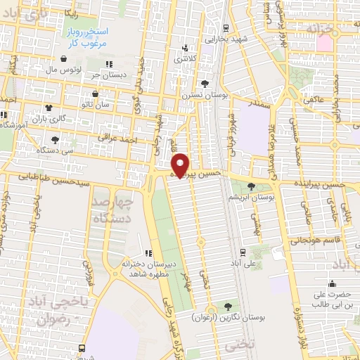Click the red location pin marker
pos(181,165)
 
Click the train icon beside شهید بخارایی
pos(225,28)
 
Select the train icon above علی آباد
pos(243,251)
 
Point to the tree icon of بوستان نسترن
pos(205,84)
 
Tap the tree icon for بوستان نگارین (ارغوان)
pos(228,306)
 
